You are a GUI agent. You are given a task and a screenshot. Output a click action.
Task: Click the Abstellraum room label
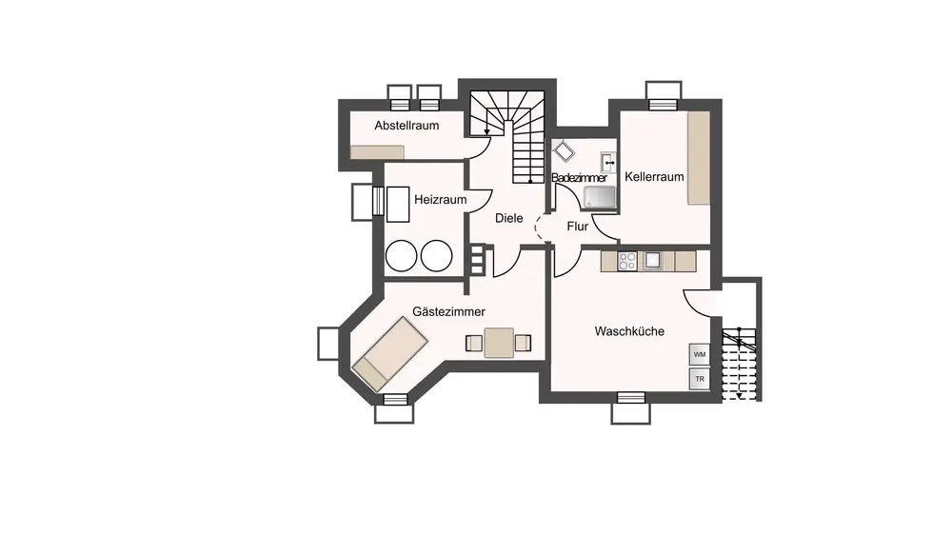(407, 126)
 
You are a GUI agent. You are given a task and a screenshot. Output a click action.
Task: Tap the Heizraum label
(441, 200)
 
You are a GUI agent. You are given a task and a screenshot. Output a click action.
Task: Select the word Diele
(508, 218)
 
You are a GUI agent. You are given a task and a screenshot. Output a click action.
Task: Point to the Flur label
(578, 227)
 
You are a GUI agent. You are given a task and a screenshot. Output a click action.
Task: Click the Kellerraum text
(655, 177)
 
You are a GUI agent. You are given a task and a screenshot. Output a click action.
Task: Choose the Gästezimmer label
(448, 311)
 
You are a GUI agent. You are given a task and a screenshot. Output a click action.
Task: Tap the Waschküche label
(629, 331)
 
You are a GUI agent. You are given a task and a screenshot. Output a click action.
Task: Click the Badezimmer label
(579, 178)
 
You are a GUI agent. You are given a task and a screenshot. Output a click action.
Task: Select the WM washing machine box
(700, 354)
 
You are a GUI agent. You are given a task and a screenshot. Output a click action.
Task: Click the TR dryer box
(700, 379)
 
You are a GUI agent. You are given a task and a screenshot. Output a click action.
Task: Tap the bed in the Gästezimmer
(390, 353)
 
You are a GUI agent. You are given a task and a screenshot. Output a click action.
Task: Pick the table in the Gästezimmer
(499, 343)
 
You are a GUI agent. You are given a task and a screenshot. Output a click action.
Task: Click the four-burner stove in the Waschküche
(627, 262)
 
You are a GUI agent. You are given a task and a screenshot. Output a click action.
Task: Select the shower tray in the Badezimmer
(599, 197)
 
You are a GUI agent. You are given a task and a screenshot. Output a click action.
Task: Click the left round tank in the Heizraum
(402, 255)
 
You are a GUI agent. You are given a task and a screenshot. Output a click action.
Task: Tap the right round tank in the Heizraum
(437, 255)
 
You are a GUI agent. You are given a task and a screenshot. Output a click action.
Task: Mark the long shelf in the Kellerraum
(699, 158)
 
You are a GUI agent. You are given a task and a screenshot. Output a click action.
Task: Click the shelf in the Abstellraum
(377, 151)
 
